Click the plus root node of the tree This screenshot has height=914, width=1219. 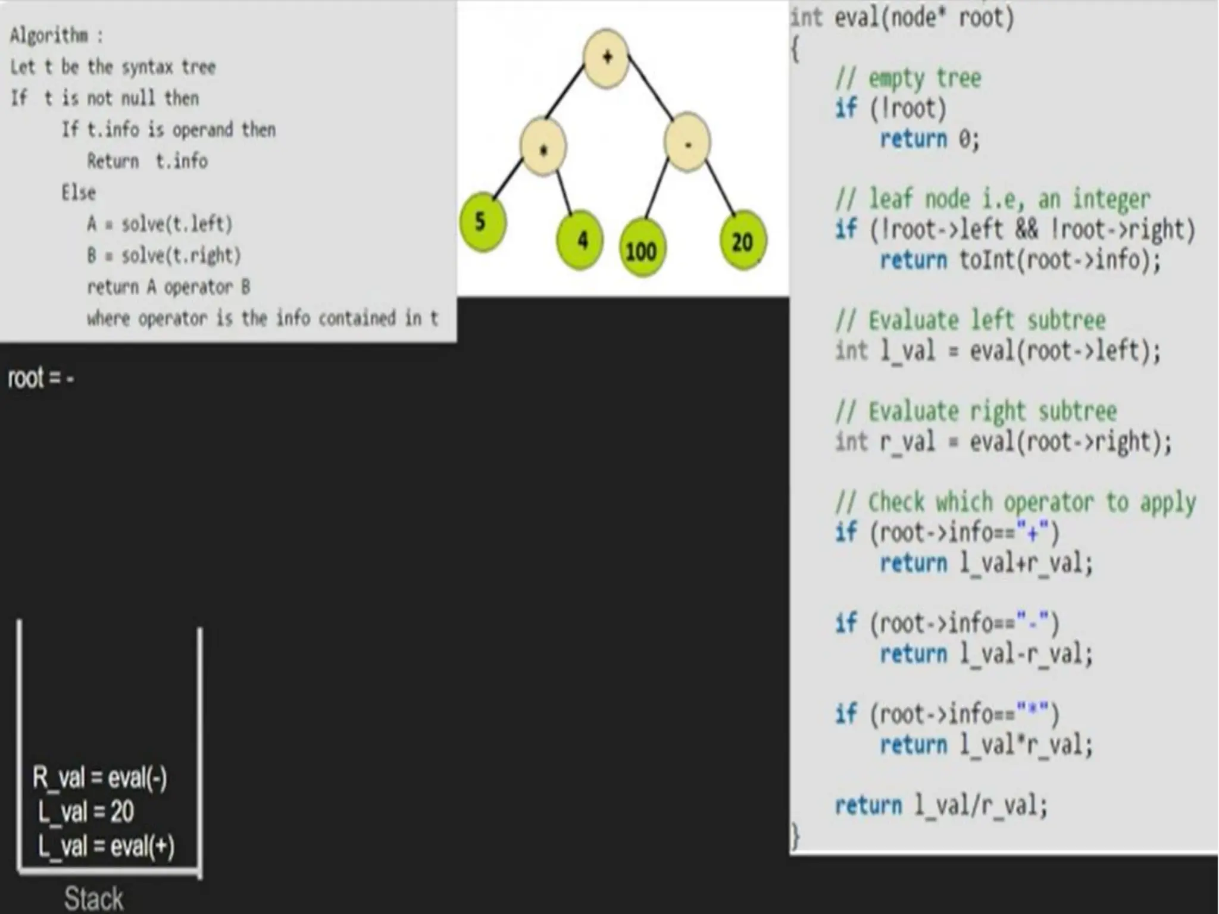pos(606,58)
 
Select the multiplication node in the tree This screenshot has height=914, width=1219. pos(542,147)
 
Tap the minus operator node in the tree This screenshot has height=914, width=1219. pos(687,143)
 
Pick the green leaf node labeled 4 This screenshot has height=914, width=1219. pos(579,240)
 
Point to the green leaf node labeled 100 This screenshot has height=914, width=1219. pos(642,251)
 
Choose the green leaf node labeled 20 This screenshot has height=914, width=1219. pos(742,242)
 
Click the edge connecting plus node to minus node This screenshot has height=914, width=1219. pos(651,87)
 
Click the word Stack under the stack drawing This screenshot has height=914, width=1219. pos(93,898)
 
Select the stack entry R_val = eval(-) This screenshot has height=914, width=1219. pos(100,778)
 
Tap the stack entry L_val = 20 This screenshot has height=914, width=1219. pos(86,812)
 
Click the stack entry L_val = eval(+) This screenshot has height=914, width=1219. pos(106,846)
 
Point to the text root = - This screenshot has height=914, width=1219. pos(40,378)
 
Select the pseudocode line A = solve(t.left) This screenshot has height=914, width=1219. pos(160,224)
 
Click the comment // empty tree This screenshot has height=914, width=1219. pos(908,78)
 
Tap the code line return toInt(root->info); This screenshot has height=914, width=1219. pos(1021,260)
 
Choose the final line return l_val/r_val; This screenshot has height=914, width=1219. pos(940,806)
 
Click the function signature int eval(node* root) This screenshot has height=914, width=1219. pos(902,18)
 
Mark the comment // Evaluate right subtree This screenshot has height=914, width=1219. pos(976,411)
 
